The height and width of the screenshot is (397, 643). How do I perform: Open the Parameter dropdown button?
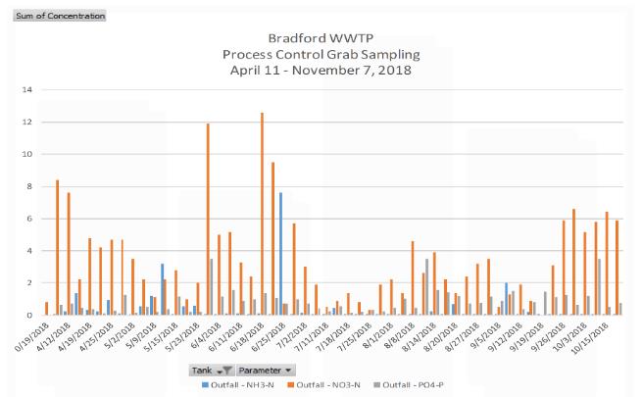point(268,370)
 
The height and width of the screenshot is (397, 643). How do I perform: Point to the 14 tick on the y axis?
point(29,90)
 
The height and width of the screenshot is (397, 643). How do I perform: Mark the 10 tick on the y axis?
point(29,155)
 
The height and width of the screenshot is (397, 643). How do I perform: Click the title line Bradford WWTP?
point(322,37)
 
